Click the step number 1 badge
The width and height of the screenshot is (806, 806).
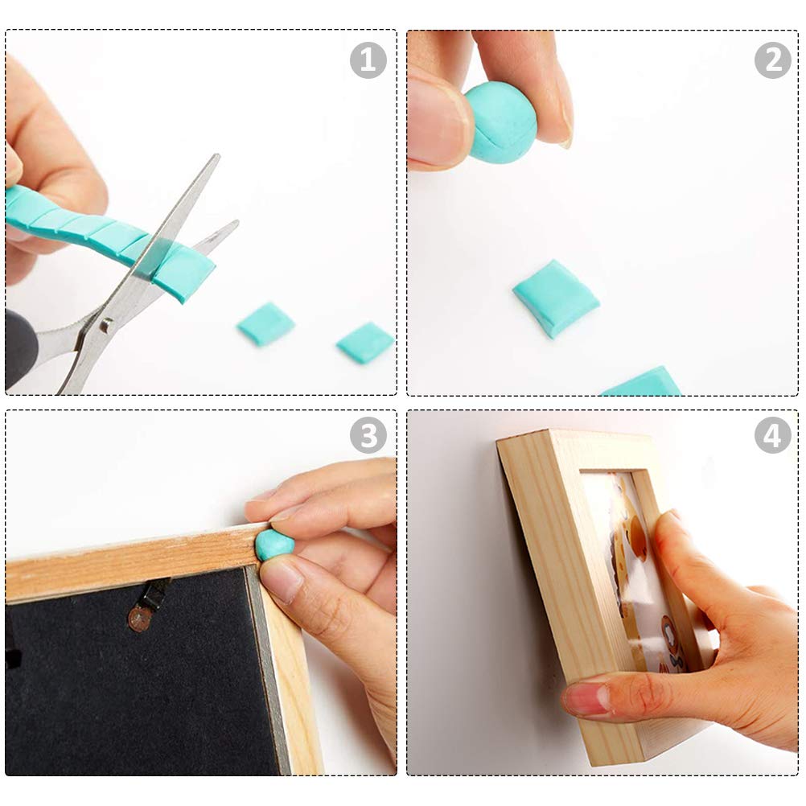(368, 60)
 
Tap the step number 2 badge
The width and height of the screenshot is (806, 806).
(772, 60)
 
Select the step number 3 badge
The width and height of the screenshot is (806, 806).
(368, 435)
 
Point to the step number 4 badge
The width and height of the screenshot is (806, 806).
(772, 435)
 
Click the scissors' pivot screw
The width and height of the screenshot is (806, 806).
(106, 325)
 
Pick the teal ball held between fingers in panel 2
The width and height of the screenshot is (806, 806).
(500, 123)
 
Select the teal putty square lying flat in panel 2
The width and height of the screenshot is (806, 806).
(556, 298)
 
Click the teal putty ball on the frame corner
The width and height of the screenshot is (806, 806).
(273, 545)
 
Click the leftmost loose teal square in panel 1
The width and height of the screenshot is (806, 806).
(265, 324)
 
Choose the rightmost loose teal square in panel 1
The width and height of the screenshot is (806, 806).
(365, 343)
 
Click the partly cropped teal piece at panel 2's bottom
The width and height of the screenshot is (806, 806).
(642, 381)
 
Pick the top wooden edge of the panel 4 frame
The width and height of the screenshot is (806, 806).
(576, 442)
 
